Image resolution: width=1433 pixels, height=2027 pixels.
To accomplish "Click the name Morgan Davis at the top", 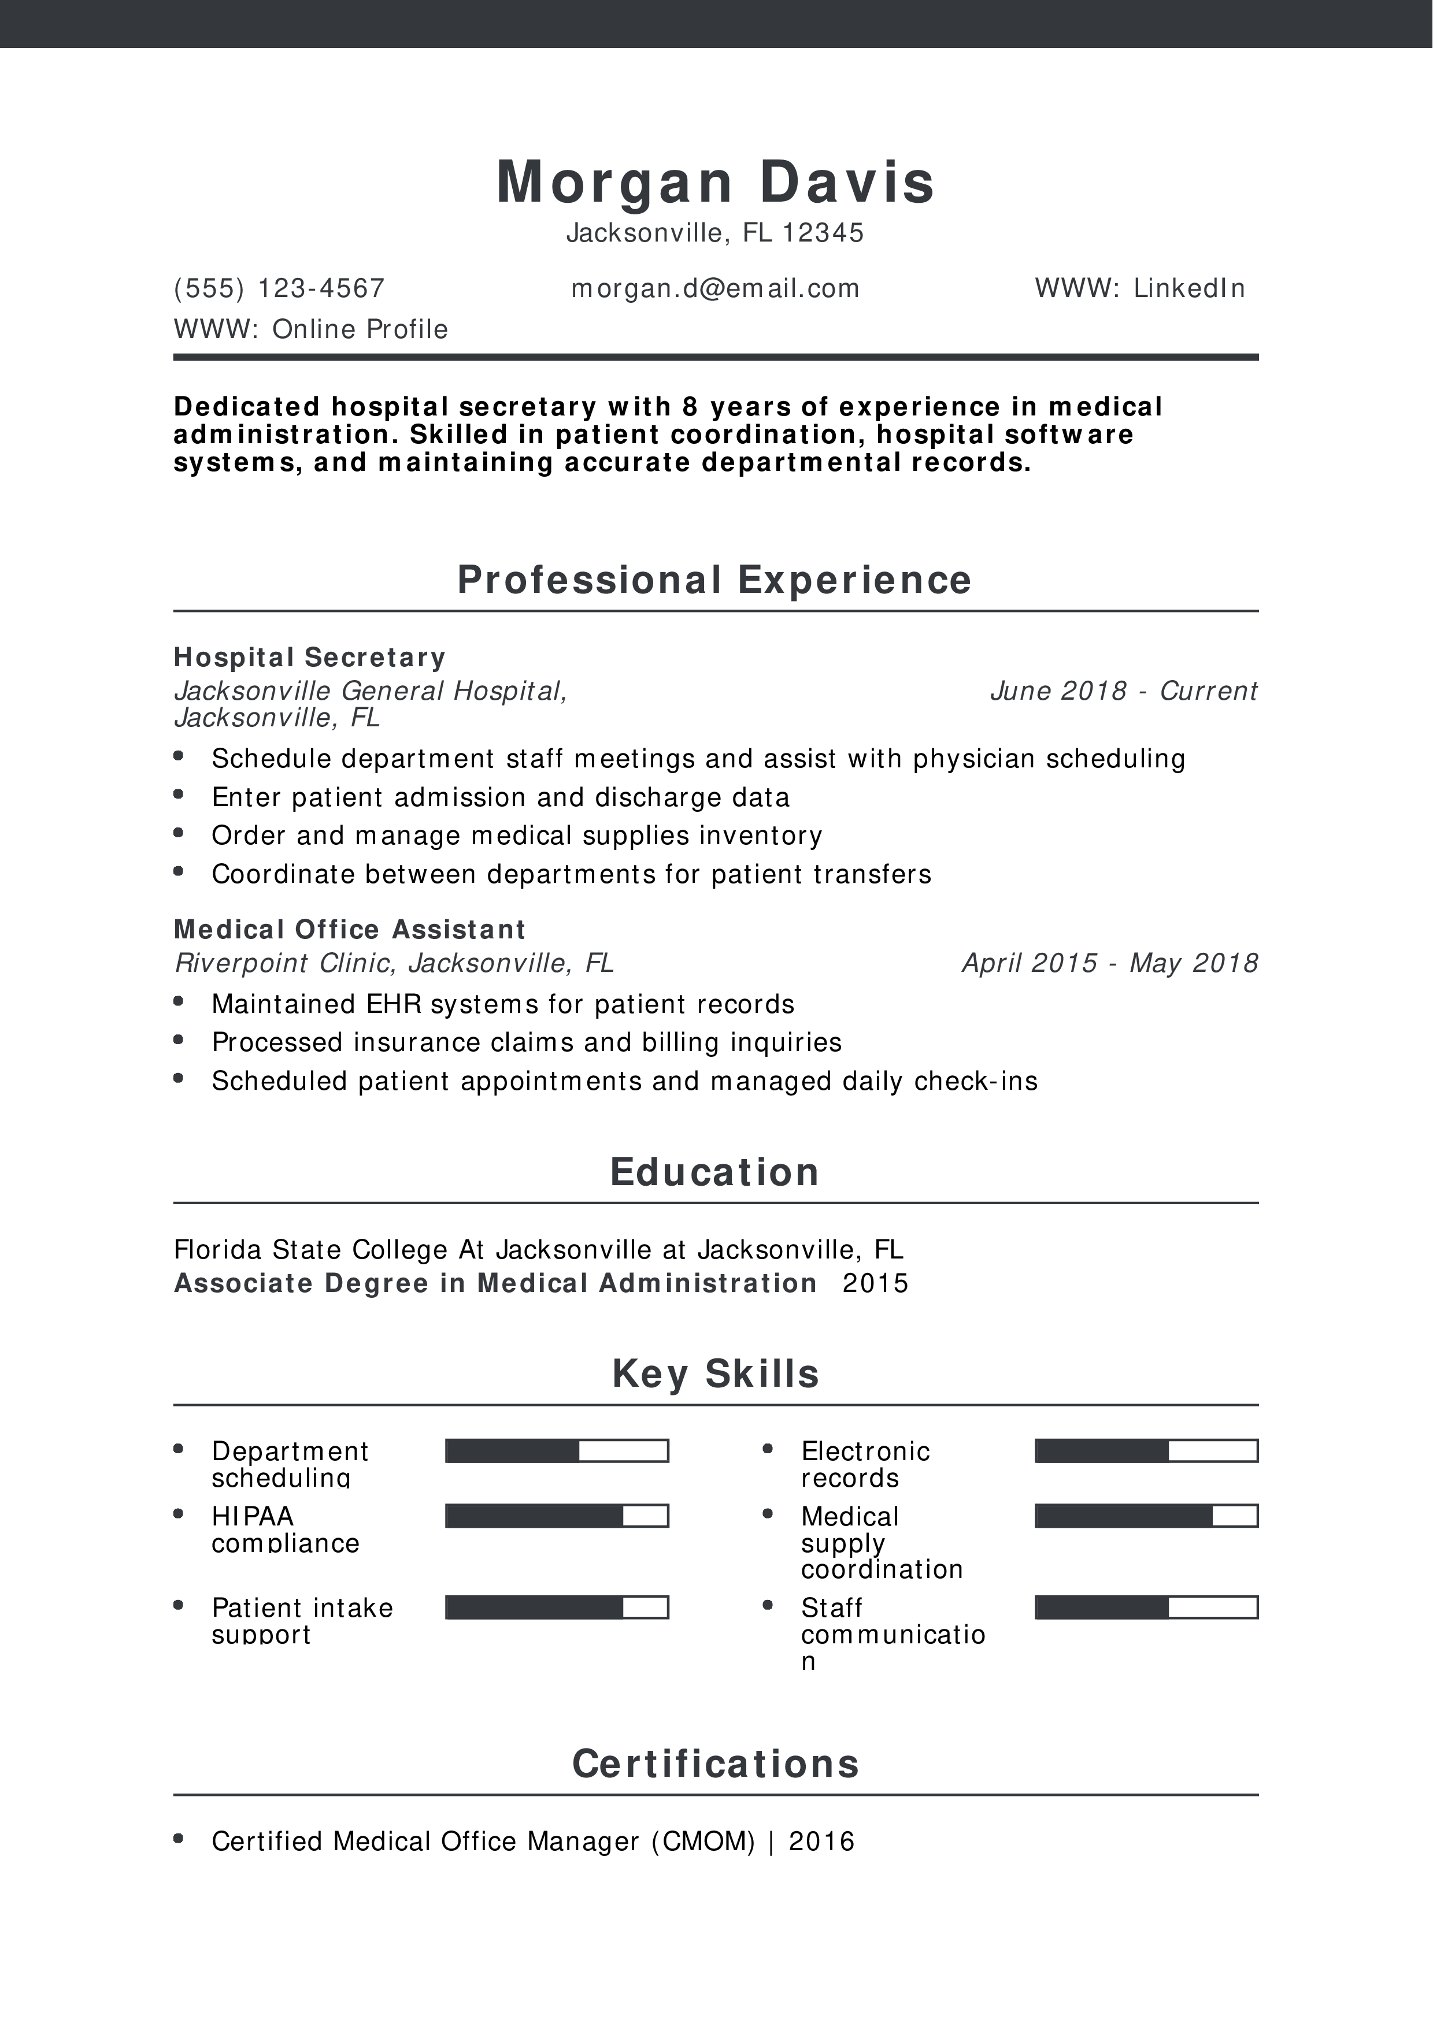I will (715, 183).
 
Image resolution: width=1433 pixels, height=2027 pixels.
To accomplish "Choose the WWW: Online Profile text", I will (311, 329).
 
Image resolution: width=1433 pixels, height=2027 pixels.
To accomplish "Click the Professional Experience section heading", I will (715, 580).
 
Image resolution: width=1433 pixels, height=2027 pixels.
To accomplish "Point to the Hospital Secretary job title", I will (310, 657).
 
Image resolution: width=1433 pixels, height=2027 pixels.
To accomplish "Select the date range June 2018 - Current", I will (1123, 690).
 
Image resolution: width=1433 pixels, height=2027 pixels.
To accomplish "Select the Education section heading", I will (715, 1172).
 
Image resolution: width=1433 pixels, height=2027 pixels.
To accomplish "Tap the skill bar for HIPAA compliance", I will (556, 1516).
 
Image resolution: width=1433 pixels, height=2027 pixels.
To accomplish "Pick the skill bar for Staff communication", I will (1146, 1607).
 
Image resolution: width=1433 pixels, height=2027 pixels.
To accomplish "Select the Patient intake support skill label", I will (302, 1620).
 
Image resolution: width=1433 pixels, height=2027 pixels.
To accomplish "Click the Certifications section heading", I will (715, 1764).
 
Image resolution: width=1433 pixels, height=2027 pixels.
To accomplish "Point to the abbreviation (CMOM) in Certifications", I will (703, 1841).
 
